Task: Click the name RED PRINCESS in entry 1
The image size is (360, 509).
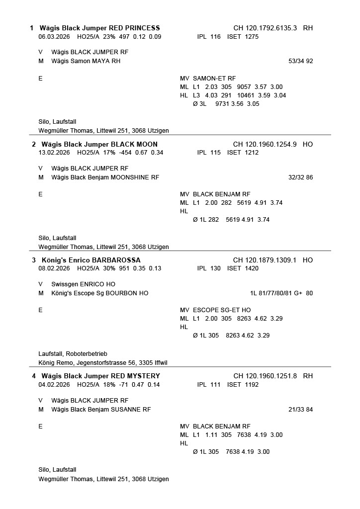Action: [x=134, y=28]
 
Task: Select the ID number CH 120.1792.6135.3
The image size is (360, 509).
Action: [x=265, y=28]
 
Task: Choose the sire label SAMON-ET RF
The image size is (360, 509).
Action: [x=214, y=79]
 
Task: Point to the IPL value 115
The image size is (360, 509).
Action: [x=215, y=153]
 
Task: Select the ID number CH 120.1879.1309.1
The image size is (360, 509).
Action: [x=265, y=260]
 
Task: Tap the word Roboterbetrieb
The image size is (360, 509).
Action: [x=87, y=354]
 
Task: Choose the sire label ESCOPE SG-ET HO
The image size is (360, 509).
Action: [x=221, y=310]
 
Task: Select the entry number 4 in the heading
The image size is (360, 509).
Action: [x=34, y=376]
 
